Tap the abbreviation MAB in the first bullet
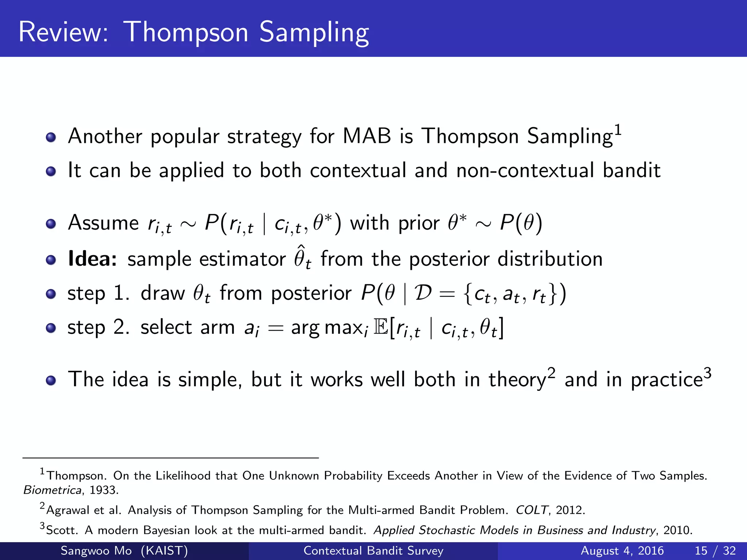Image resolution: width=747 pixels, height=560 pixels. tap(367, 136)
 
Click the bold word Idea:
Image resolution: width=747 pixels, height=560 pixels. tap(93, 259)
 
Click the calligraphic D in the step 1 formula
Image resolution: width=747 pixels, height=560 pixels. tap(423, 293)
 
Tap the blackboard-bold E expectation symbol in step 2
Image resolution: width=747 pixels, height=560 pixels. tap(381, 327)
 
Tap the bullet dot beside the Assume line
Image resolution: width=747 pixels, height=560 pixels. tap(51, 224)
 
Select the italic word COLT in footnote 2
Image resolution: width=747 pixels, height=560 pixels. tap(531, 510)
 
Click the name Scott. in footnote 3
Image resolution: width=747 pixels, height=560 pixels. tap(62, 530)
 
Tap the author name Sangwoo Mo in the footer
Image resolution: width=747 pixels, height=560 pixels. tap(96, 551)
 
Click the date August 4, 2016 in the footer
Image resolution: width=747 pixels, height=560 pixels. tap(622, 551)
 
